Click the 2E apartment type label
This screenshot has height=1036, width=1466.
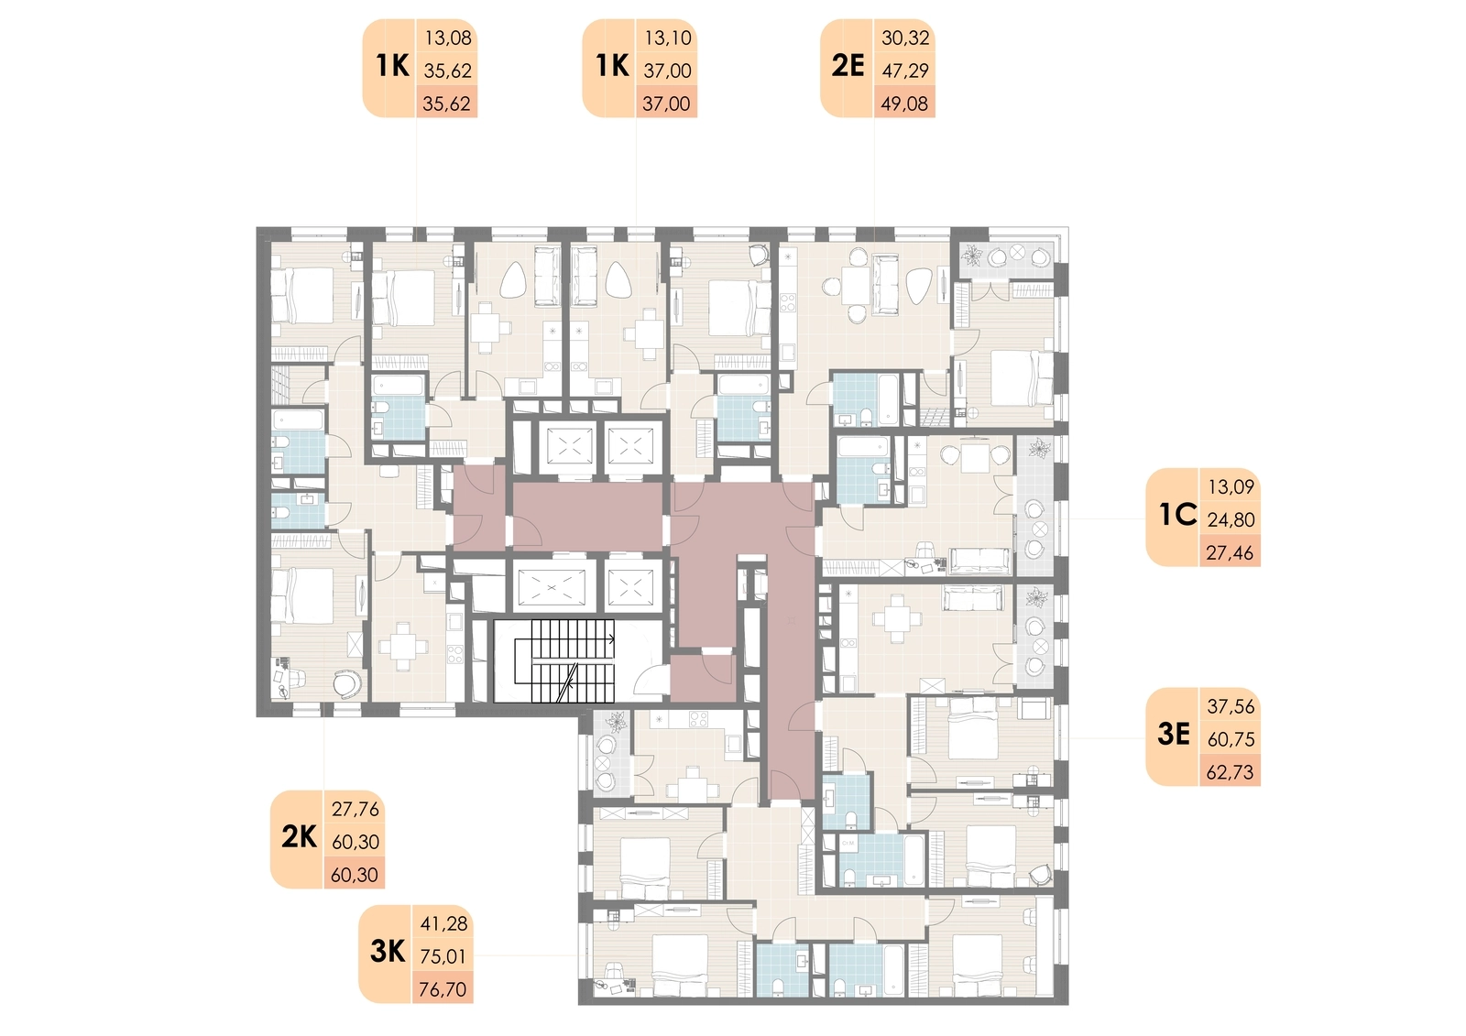point(848,67)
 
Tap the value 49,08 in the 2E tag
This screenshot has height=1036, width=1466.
point(904,104)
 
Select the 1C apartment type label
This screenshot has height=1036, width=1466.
point(1177,516)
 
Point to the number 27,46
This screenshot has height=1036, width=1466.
point(1231,553)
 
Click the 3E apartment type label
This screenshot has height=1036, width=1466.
point(1174,735)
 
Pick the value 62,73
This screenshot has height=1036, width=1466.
point(1231,772)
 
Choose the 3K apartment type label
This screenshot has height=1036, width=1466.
point(388,953)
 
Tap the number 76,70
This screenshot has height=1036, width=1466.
point(443,989)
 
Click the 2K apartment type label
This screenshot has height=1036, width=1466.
point(299,838)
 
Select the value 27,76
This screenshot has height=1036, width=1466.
point(356,810)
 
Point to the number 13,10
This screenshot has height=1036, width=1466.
point(668,38)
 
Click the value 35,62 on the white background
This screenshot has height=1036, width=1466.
point(448,71)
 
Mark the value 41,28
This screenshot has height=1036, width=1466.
point(444,924)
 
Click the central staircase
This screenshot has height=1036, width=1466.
point(565,660)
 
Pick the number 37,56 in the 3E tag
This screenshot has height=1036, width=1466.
point(1231,707)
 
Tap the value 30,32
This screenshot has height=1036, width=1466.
point(906,38)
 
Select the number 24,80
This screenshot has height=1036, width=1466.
point(1231,520)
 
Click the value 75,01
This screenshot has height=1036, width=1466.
point(443,957)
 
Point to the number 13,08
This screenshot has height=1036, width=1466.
point(448,38)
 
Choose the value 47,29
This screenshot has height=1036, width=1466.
point(906,71)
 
